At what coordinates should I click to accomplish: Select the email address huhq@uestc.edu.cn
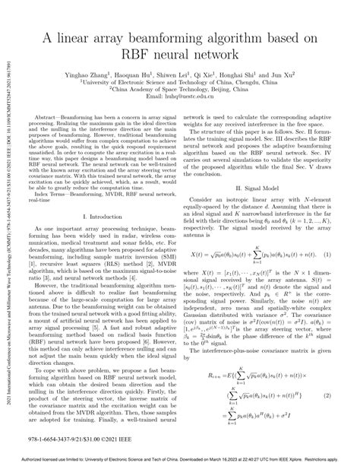point(197,98)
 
